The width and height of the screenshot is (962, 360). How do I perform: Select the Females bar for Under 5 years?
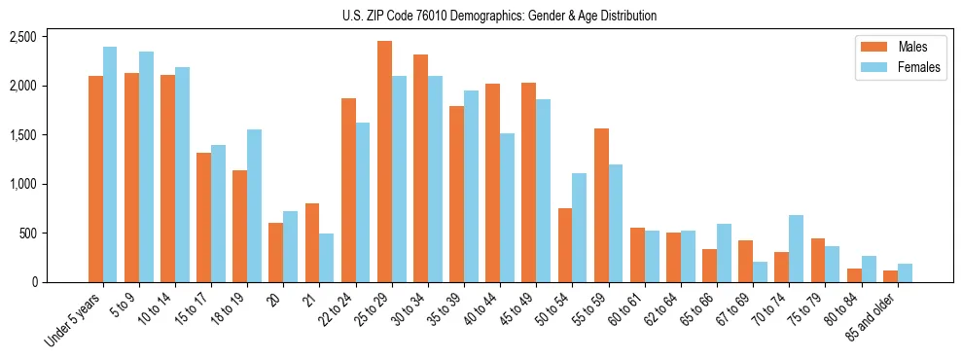(x=110, y=164)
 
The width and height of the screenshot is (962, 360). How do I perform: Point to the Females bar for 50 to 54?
(x=579, y=228)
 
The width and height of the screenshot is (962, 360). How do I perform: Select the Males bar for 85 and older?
(x=890, y=276)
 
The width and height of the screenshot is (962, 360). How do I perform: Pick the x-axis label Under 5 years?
(x=73, y=322)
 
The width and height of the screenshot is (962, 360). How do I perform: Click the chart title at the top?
(x=499, y=16)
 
